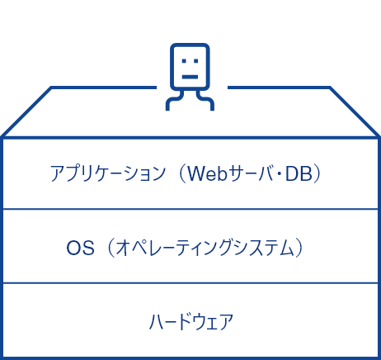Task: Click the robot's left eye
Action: pyautogui.click(x=184, y=61)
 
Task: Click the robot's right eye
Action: pyautogui.click(x=195, y=61)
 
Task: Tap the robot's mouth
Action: pyautogui.click(x=190, y=77)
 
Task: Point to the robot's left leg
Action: pyautogui.click(x=174, y=101)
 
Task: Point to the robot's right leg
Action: pyautogui.click(x=205, y=101)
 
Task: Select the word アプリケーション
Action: pyautogui.click(x=108, y=173)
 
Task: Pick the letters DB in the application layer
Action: pyautogui.click(x=299, y=173)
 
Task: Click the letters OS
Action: pyautogui.click(x=80, y=248)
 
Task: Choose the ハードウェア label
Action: pyautogui.click(x=191, y=321)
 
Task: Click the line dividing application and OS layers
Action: pyautogui.click(x=190, y=209)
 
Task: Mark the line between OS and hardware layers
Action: pyautogui.click(x=190, y=283)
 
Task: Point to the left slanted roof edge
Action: pyautogui.click(x=26, y=111)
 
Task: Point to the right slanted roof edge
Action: pyautogui.click(x=355, y=111)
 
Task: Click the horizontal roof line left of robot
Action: pyautogui.click(x=104, y=88)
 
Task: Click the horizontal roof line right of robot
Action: pyautogui.click(x=279, y=88)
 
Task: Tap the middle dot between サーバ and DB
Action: pyautogui.click(x=280, y=174)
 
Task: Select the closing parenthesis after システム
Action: pyautogui.click(x=299, y=248)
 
